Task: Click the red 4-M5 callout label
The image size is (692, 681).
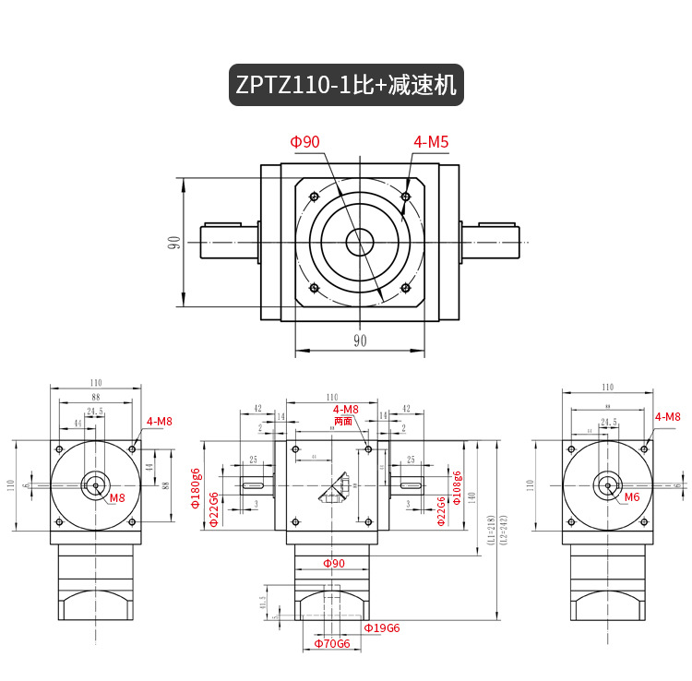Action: coord(431,142)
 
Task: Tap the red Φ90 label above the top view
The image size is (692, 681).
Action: coord(304,142)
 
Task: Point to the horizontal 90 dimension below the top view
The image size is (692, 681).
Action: coord(360,340)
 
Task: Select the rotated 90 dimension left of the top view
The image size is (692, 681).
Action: coord(173,243)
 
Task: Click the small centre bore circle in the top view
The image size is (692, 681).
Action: coord(360,243)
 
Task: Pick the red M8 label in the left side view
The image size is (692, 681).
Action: coord(117,498)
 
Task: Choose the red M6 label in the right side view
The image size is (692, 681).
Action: coord(631,497)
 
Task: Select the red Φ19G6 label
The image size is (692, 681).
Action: coord(381,628)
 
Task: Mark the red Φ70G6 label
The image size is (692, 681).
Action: coord(332,643)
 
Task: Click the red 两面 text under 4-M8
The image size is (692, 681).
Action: coord(343,421)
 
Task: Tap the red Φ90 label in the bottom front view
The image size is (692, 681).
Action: coord(333,563)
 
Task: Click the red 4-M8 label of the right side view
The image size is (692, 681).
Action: coord(667,417)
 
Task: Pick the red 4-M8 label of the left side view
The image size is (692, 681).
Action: coord(158,422)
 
